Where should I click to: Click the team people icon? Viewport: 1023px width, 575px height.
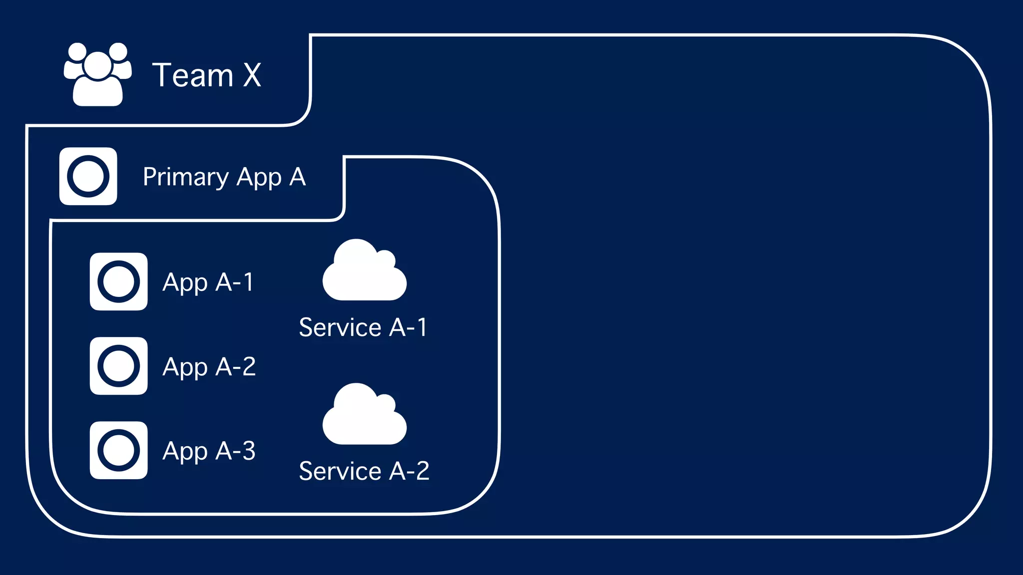(98, 75)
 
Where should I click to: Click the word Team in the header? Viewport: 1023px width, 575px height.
(193, 75)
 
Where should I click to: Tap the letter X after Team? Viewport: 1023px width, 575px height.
(252, 75)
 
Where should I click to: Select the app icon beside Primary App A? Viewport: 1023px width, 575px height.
(88, 176)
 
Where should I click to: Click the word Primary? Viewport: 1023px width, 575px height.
(186, 178)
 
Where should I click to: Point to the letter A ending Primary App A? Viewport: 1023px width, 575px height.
(297, 177)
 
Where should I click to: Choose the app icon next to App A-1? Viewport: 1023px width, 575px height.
(118, 282)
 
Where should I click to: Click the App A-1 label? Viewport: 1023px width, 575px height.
(208, 283)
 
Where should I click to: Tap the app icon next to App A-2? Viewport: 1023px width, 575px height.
(118, 366)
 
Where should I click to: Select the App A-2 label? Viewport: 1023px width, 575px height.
(209, 367)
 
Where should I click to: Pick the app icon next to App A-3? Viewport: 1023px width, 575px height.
(118, 450)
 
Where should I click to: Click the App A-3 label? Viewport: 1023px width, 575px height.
(209, 451)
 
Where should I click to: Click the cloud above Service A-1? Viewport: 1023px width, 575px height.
(364, 272)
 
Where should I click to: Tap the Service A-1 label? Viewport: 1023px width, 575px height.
(363, 327)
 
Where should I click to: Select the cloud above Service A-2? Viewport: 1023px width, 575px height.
(364, 416)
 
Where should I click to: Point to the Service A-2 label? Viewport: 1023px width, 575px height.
(364, 471)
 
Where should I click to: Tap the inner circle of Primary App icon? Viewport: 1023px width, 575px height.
(88, 176)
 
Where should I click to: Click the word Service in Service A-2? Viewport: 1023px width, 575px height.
(340, 471)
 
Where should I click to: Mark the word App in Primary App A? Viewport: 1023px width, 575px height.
(259, 178)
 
